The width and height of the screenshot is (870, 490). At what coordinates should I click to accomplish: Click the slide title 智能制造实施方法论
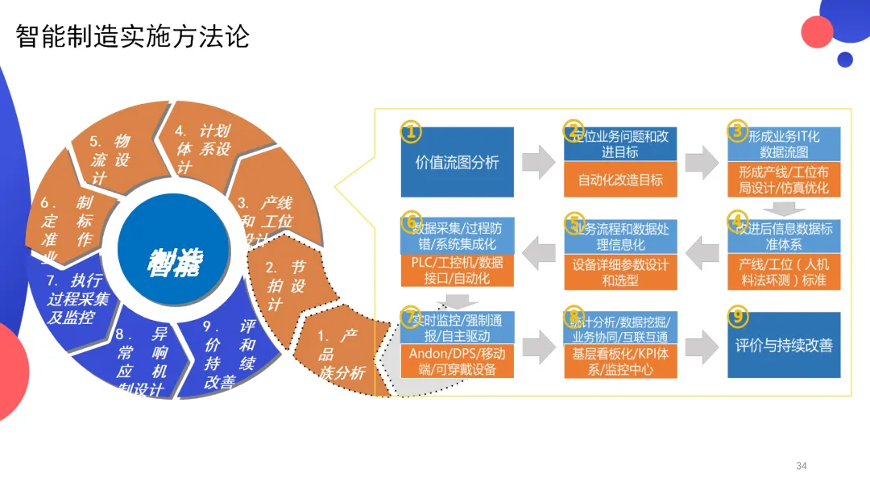[x=133, y=37]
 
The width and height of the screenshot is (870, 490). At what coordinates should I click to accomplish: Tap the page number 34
[x=801, y=466]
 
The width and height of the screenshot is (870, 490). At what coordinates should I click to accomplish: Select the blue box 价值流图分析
[x=457, y=162]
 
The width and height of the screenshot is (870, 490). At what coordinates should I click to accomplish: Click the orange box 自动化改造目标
[x=620, y=180]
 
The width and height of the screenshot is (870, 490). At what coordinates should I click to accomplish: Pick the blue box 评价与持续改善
[x=783, y=345]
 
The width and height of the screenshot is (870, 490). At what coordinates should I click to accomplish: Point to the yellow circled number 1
[x=411, y=131]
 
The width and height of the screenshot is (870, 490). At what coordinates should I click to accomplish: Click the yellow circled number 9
[x=736, y=316]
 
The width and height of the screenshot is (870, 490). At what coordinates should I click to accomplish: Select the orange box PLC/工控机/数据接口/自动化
[x=457, y=271]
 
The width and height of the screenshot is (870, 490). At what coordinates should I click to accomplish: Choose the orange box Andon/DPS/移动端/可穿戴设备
[x=457, y=361]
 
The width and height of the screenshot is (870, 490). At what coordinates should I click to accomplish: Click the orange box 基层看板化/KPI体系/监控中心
[x=620, y=361]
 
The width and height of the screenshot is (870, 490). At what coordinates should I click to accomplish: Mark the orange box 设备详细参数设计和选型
[x=620, y=272]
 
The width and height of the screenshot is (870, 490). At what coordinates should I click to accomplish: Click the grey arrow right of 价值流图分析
[x=538, y=162]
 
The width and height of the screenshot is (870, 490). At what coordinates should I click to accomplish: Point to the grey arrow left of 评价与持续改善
[x=702, y=346]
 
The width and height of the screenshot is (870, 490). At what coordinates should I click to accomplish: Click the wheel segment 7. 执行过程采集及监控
[x=77, y=298]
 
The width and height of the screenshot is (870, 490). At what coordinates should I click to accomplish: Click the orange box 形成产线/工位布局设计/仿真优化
[x=783, y=180]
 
